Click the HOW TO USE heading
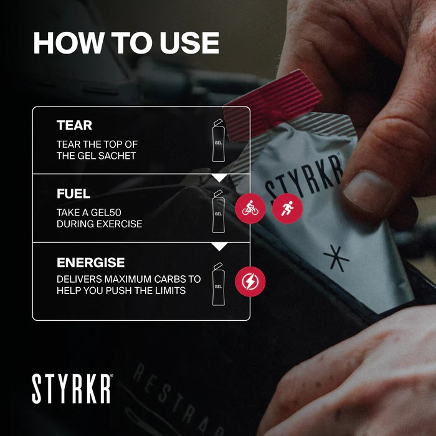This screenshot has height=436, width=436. pos(126,42)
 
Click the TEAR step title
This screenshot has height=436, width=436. pos(74,125)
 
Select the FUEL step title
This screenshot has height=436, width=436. pos(73,194)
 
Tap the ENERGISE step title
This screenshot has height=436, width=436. pos(91,262)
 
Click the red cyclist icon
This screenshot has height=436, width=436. pos(250,209)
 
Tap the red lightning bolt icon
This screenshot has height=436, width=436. pos(250,281)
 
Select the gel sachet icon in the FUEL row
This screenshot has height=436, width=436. pos(218,211)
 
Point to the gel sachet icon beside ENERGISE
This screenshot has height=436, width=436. pos(218,284)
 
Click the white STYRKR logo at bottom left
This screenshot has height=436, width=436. pos(72,389)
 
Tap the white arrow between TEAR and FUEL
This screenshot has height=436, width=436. pos(219,178)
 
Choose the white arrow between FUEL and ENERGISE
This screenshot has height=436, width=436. pos(219,247)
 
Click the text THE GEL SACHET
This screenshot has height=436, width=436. pos(96,156)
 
